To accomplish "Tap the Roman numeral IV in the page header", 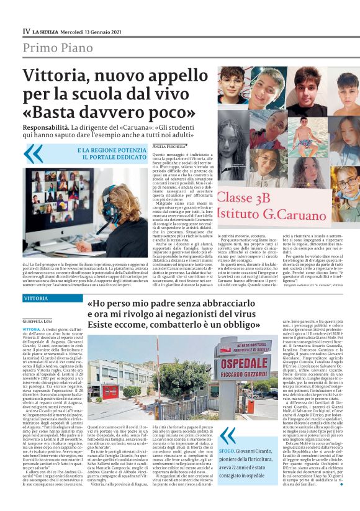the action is click(x=26, y=30).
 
